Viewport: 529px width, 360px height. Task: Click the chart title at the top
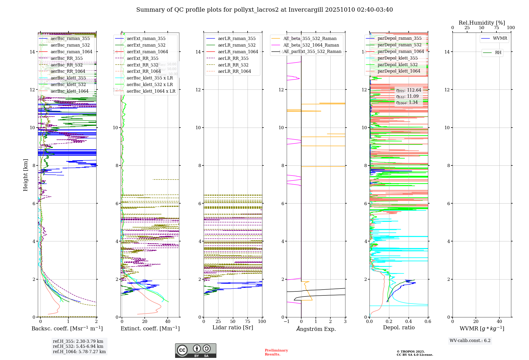tap(264, 10)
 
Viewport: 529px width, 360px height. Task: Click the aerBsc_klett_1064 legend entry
tap(69, 91)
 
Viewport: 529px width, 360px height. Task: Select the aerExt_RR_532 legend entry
tap(142, 65)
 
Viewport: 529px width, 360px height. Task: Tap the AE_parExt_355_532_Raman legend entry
tap(312, 52)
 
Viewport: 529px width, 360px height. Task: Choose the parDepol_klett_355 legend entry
tap(398, 58)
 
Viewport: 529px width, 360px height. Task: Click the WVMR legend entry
tap(500, 38)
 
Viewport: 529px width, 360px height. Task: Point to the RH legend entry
tap(498, 53)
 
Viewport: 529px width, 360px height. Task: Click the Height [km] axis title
tap(25, 175)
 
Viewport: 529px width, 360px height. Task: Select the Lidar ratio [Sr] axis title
tap(233, 327)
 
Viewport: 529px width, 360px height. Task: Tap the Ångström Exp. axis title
tap(316, 329)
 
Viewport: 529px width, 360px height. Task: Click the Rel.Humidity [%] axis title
tap(482, 23)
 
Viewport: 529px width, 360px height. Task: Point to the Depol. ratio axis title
tap(399, 327)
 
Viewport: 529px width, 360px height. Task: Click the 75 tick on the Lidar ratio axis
tap(248, 321)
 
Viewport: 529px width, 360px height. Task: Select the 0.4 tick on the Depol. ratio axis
tap(408, 321)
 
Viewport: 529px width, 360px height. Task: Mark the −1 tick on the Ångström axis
tap(286, 321)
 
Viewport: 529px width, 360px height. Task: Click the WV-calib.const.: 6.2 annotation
tap(470, 340)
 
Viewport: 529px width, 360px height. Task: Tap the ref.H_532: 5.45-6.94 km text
tap(78, 346)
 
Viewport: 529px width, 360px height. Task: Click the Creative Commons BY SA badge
tap(195, 350)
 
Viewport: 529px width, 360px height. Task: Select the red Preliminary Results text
tap(276, 352)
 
